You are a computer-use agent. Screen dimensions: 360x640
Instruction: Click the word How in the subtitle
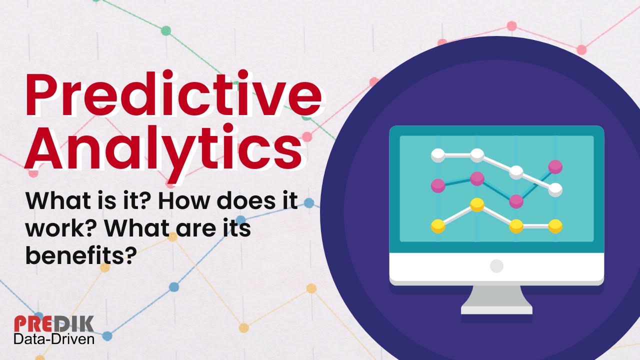(183, 202)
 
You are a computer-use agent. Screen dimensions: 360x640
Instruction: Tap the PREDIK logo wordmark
(53, 324)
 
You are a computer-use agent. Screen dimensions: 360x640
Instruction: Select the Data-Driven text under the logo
(54, 339)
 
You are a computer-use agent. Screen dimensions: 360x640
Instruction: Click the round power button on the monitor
(496, 266)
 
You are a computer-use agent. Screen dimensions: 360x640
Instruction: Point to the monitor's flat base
(496, 309)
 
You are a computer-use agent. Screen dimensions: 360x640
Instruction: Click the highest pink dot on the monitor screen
(555, 166)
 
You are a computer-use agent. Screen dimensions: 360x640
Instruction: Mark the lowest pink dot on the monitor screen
(516, 201)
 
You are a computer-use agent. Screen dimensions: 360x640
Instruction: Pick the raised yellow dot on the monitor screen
(477, 204)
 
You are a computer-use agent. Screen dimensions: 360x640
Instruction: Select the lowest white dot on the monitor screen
(555, 189)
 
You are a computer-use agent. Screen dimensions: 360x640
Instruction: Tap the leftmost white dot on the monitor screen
(438, 155)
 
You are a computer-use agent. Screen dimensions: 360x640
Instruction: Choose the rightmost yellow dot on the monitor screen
(555, 226)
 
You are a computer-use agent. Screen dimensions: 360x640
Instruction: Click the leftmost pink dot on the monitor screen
(438, 185)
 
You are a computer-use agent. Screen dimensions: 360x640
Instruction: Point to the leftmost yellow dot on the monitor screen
(438, 226)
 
